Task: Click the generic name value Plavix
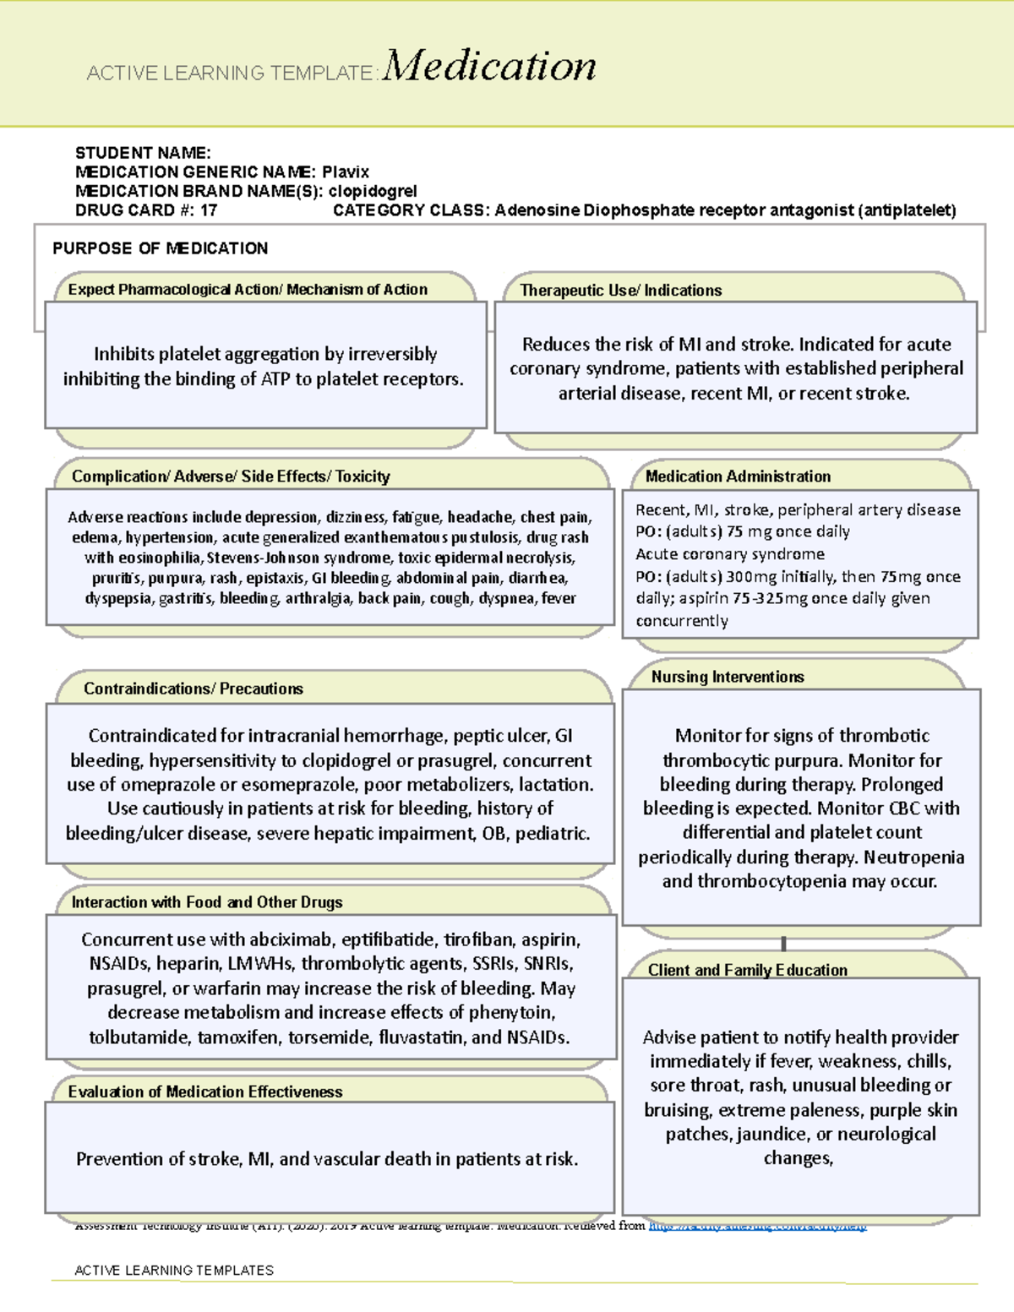[x=345, y=171]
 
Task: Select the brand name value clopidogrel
[x=372, y=191]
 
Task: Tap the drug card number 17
[x=209, y=210]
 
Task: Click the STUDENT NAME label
[x=142, y=153]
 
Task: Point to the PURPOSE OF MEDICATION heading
[x=160, y=248]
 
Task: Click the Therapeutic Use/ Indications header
[x=620, y=291]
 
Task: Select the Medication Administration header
[x=738, y=476]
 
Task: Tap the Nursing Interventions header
[x=727, y=677]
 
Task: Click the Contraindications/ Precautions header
[x=193, y=689]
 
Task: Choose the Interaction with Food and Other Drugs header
[x=207, y=902]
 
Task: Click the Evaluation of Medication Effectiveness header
[x=205, y=1092]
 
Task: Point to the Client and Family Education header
[x=747, y=970]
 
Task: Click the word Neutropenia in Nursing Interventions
[x=913, y=857]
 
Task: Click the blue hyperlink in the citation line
[x=757, y=1226]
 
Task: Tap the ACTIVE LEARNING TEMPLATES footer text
[x=174, y=1270]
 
